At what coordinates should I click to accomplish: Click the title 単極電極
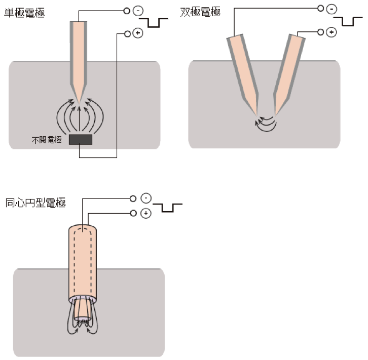(x=24, y=13)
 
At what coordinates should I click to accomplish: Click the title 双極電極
(x=201, y=11)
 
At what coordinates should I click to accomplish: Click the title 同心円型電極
(x=35, y=204)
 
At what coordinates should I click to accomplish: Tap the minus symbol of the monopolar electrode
(x=138, y=10)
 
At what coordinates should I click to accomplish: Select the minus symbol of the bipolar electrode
(x=332, y=9)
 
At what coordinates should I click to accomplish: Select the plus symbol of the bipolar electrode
(x=332, y=32)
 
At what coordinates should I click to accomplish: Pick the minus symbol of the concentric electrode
(x=145, y=198)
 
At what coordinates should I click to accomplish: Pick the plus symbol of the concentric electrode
(x=145, y=213)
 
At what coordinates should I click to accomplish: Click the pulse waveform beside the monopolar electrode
(x=157, y=22)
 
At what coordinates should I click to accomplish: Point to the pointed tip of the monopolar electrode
(x=80, y=101)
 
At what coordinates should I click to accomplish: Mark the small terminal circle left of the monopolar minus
(x=127, y=10)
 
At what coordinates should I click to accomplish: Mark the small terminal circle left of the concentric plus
(x=134, y=213)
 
